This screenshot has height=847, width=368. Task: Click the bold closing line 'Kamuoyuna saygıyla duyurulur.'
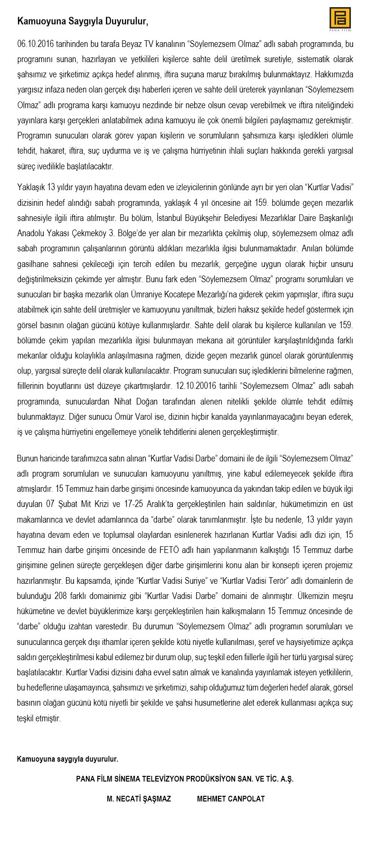pos(67,759)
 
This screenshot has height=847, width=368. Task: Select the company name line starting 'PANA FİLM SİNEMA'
pos(185,779)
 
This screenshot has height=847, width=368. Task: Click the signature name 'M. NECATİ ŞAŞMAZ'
pos(139,799)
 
